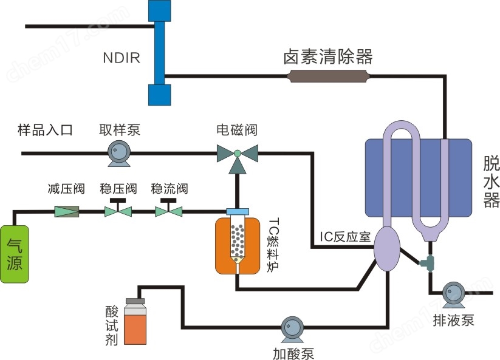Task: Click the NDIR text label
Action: pos(122,58)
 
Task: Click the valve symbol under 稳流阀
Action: pos(168,210)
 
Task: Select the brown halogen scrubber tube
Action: pos(327,76)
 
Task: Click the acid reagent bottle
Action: pos(135,322)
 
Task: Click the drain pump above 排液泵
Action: pos(453,293)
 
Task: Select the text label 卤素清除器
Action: pos(327,57)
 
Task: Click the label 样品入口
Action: pos(45,131)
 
